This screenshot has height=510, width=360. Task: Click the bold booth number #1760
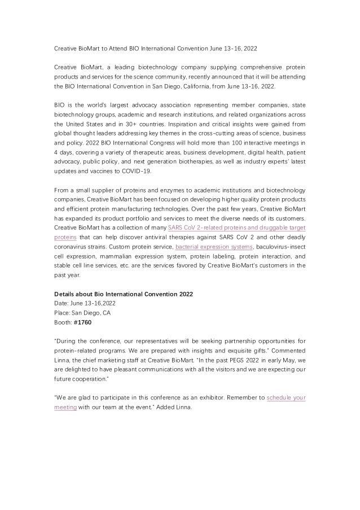click(x=82, y=323)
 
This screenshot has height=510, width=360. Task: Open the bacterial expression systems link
click(x=214, y=247)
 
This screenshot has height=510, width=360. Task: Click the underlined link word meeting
click(x=65, y=408)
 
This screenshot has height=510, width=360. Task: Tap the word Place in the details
click(x=62, y=313)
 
